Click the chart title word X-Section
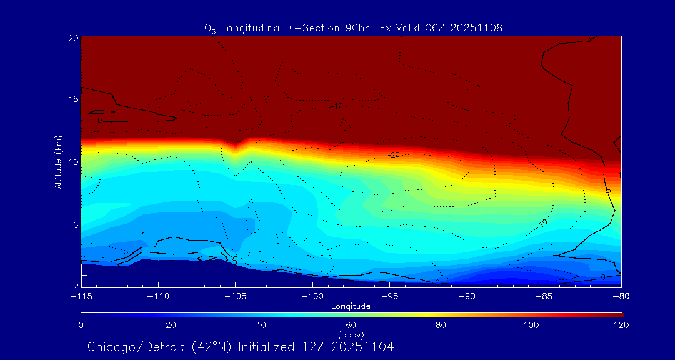(309, 27)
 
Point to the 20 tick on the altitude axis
(73, 38)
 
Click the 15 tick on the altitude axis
(73, 99)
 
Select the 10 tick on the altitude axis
(73, 162)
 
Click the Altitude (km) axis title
(58, 162)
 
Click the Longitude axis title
(351, 306)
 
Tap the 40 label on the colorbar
(261, 325)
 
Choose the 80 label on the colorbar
(441, 325)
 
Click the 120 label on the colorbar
(621, 325)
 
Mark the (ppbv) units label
(351, 335)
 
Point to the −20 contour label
(392, 154)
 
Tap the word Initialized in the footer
(269, 347)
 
